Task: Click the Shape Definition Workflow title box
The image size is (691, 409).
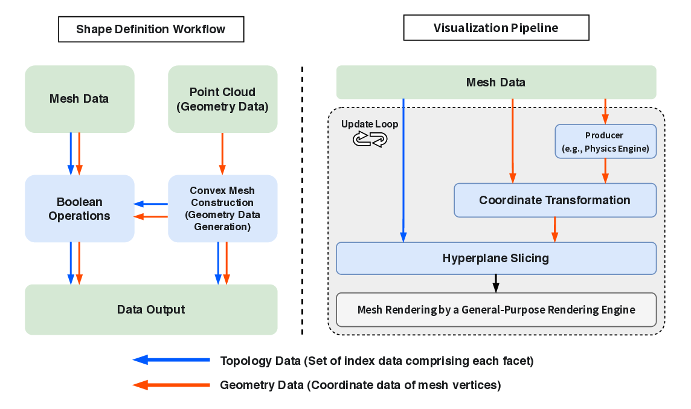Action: [x=150, y=29]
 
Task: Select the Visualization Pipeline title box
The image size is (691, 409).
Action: [x=495, y=28]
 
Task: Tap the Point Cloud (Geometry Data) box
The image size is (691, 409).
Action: [x=222, y=99]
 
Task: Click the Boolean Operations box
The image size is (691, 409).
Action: [x=79, y=208]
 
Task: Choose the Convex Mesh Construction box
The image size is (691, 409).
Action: [x=222, y=208]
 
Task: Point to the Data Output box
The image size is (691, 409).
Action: [x=150, y=309]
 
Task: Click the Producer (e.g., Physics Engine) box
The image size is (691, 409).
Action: [x=605, y=141]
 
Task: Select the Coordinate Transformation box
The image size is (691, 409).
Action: [x=554, y=200]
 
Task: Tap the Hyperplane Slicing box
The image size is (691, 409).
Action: [x=495, y=258]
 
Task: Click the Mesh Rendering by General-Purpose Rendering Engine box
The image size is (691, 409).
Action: [x=495, y=309]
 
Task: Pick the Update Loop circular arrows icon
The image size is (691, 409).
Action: [x=370, y=140]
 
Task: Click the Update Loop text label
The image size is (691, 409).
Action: [x=370, y=124]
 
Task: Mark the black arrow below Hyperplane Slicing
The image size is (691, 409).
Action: [x=496, y=283]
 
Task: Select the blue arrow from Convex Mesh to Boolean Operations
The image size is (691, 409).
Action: [x=150, y=204]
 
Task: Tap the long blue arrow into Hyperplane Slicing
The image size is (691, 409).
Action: [x=403, y=169]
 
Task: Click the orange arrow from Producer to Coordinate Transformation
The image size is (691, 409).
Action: [x=605, y=171]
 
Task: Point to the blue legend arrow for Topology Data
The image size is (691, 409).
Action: [x=171, y=360]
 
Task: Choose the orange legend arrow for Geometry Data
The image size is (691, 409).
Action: [x=171, y=385]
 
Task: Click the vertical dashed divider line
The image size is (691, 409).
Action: [x=302, y=199]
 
